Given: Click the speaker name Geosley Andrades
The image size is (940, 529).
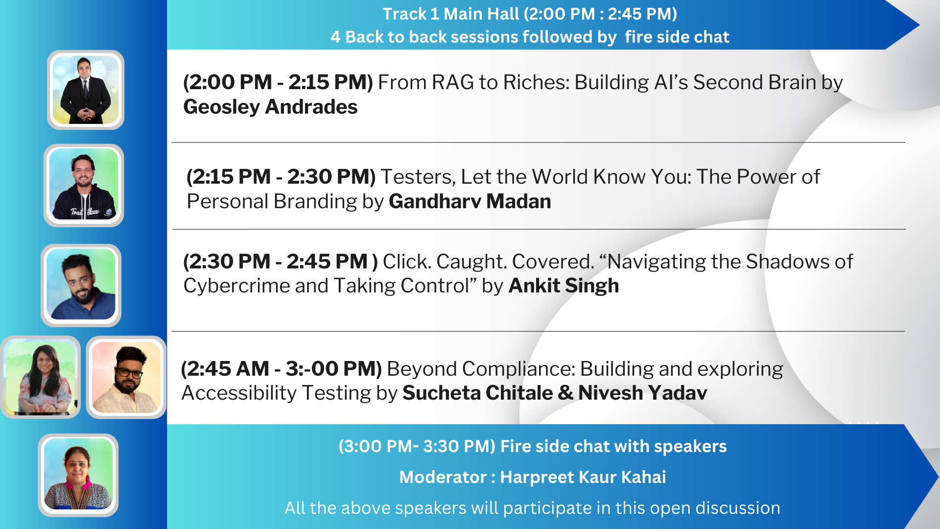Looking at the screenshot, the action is pyautogui.click(x=270, y=107).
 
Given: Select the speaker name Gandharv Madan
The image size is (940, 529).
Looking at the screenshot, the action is pyautogui.click(x=470, y=201).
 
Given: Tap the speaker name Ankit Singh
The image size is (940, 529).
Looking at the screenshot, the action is pyautogui.click(x=564, y=286).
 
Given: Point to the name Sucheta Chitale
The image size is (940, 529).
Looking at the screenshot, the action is pyautogui.click(x=478, y=393).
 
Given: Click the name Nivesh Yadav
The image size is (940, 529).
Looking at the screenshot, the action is pyautogui.click(x=643, y=393).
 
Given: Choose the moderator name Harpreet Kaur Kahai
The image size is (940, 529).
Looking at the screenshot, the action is pyautogui.click(x=583, y=477).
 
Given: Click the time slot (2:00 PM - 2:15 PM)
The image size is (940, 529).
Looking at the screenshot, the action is pyautogui.click(x=278, y=82).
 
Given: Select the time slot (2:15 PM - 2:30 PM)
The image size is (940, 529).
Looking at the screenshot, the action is pyautogui.click(x=281, y=177).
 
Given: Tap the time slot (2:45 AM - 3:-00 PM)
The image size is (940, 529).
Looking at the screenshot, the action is pyautogui.click(x=281, y=369).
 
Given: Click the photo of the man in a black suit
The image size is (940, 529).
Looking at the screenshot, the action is pyautogui.click(x=86, y=90).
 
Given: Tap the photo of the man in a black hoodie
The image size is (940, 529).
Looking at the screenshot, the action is pyautogui.click(x=84, y=185).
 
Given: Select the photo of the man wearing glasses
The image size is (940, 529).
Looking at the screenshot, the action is pyautogui.click(x=126, y=377).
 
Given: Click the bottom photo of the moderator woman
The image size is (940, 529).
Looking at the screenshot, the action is pyautogui.click(x=78, y=475).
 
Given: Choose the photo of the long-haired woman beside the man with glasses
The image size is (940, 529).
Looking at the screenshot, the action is pyautogui.click(x=41, y=377).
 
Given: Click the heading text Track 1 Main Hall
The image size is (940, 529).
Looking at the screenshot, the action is pyautogui.click(x=450, y=14).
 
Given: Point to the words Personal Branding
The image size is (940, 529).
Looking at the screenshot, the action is pyautogui.click(x=272, y=201).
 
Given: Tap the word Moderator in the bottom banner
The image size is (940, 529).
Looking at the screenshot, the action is pyautogui.click(x=443, y=477).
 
